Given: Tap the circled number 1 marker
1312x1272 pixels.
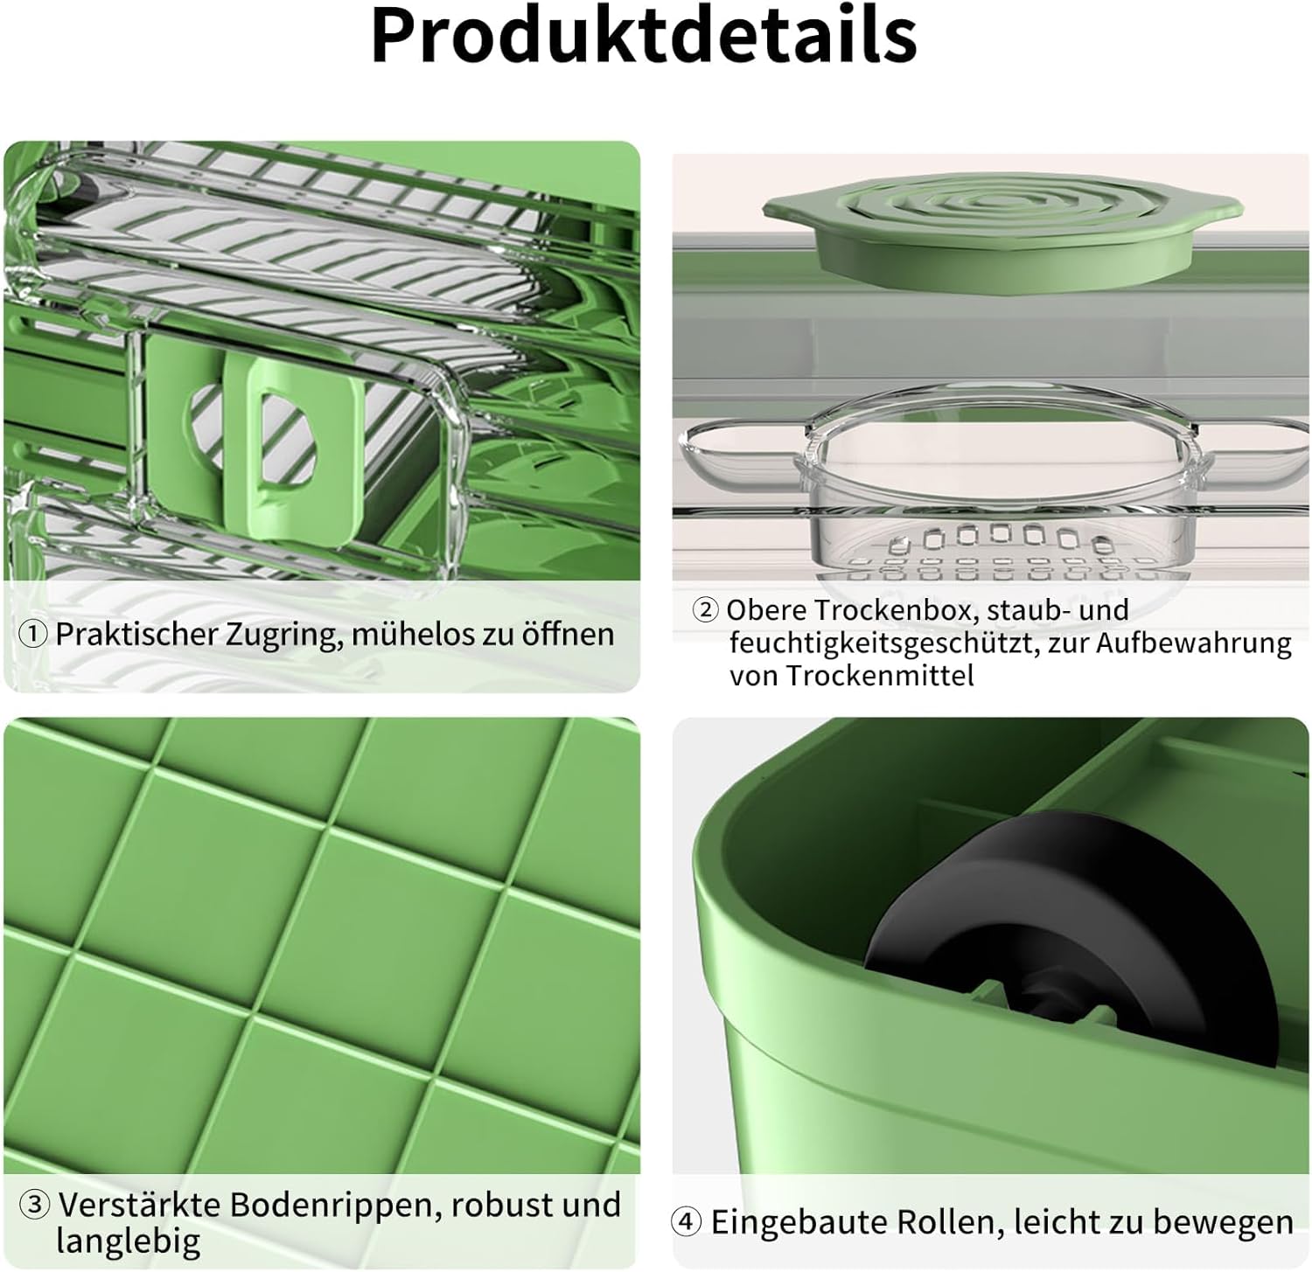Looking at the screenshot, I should pos(33,634).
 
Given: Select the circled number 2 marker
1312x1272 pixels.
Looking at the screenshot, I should pos(705,609).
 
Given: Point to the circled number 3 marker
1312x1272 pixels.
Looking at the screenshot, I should pos(35,1205).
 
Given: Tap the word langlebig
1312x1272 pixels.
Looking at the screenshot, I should pos(129,1240).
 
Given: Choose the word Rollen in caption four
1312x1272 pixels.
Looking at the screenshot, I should pos(935,1221).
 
